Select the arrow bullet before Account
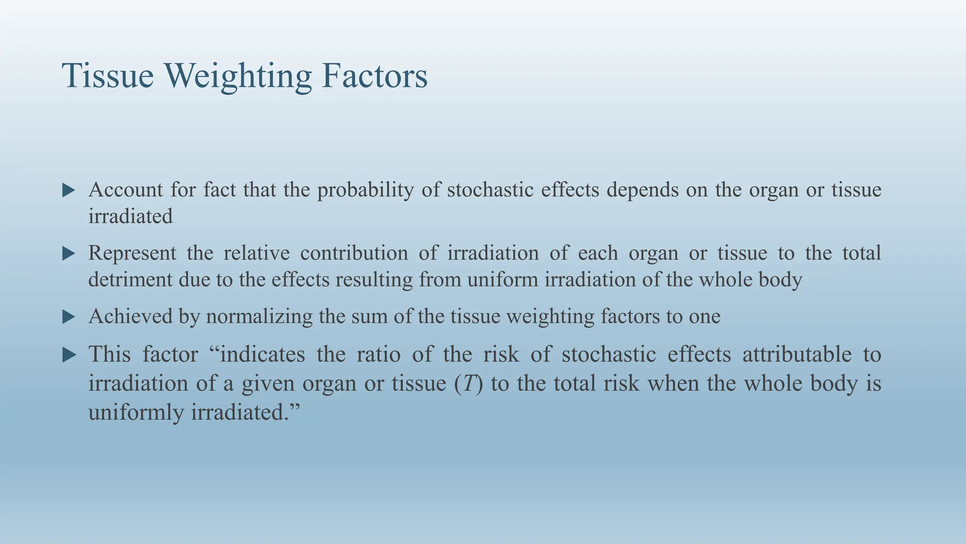69,191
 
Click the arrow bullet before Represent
69,254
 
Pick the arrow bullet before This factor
69,355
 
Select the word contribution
354,253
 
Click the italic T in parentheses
468,383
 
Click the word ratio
378,354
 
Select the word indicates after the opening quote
262,354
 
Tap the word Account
125,190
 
